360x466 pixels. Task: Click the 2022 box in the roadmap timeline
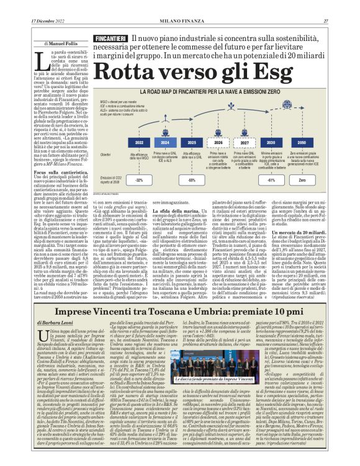tap(139, 142)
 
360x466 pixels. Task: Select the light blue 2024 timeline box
tap(166, 142)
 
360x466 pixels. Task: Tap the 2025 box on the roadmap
tap(192, 142)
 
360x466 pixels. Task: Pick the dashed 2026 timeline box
tap(218, 142)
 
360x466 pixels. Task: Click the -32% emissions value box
tap(139, 179)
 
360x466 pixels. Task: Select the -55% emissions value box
tap(192, 179)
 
